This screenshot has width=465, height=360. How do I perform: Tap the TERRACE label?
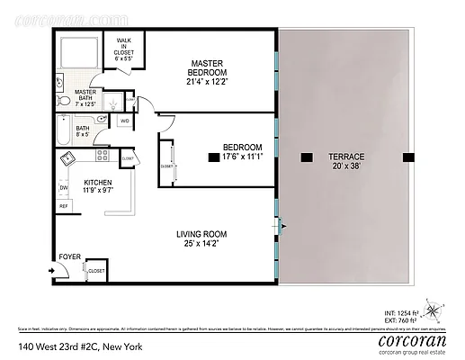tap(346, 157)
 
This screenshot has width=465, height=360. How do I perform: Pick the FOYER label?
tap(69, 256)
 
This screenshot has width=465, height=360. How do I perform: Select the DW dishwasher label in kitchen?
tap(63, 187)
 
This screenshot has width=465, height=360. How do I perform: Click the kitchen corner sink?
tap(68, 159)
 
